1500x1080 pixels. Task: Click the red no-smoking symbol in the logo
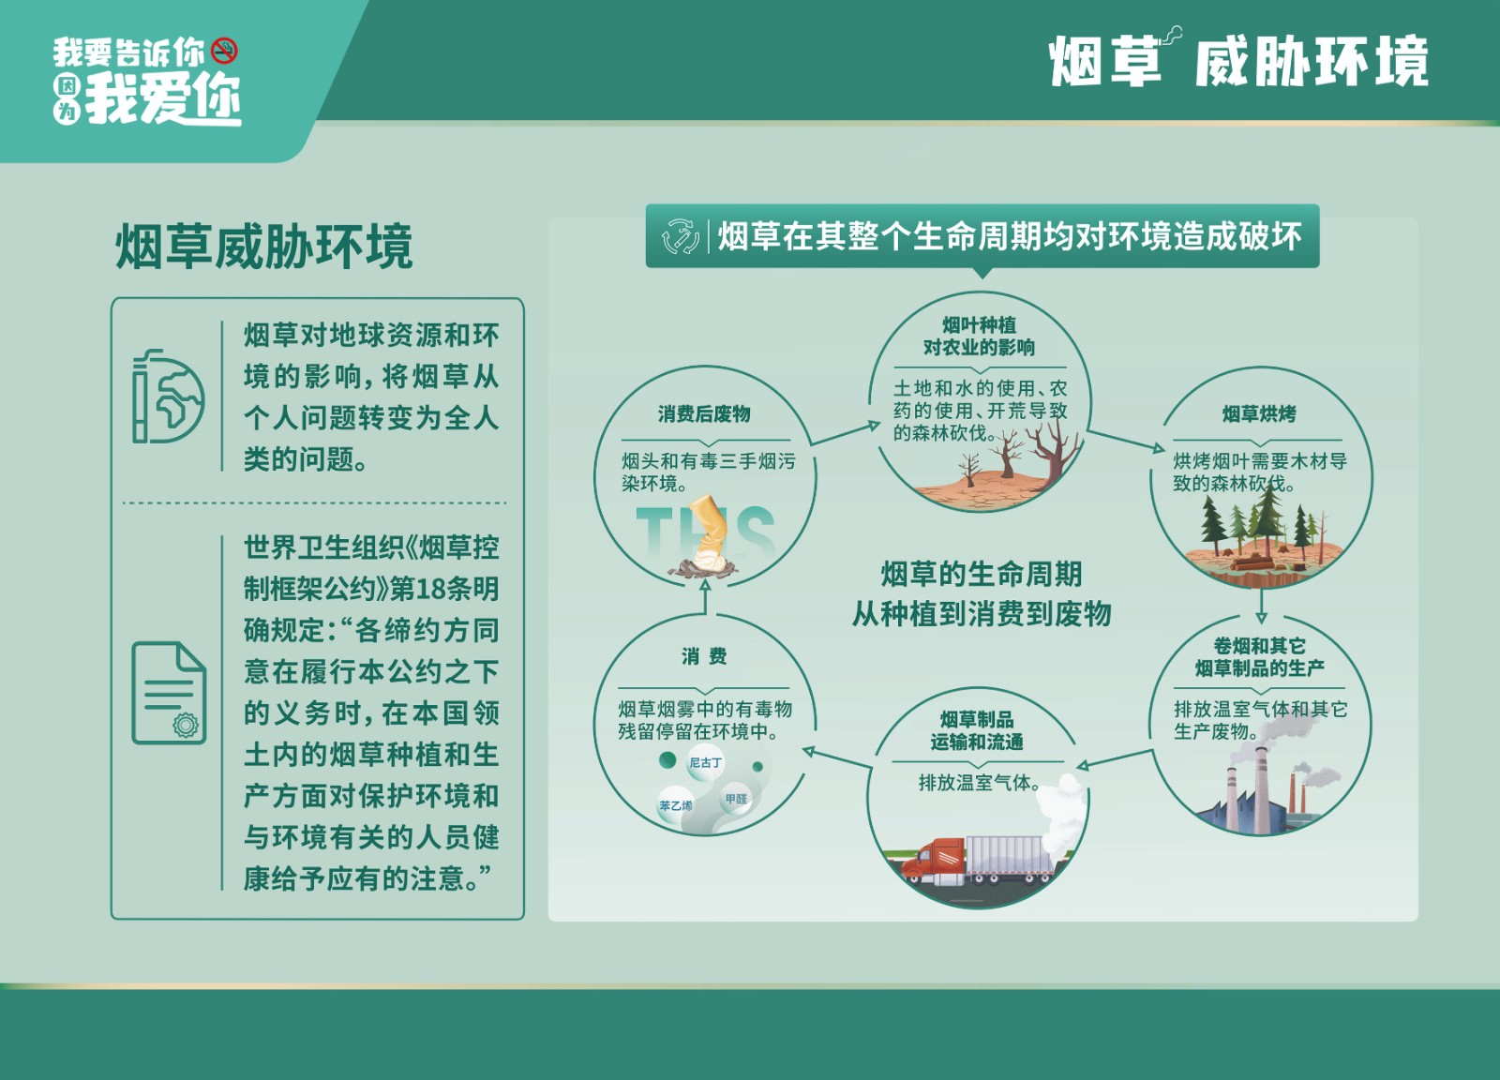(x=224, y=51)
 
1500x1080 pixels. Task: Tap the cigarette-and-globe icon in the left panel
(x=168, y=397)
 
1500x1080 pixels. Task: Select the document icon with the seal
(x=169, y=693)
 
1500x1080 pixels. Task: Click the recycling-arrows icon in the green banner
(x=681, y=236)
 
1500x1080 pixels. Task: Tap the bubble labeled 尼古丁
(x=705, y=762)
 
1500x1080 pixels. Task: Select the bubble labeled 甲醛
(x=736, y=799)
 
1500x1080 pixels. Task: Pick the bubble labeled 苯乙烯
(x=676, y=805)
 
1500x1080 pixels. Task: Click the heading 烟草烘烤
(x=1259, y=413)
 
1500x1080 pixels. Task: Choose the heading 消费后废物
(x=704, y=413)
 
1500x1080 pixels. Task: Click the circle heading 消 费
(x=704, y=656)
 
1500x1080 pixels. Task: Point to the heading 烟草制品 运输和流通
(x=977, y=730)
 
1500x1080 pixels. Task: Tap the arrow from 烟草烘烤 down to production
(x=1261, y=606)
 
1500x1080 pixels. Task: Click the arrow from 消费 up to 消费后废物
(x=704, y=596)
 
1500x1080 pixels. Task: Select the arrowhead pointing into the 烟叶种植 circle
(x=874, y=426)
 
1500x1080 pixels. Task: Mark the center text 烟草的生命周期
(x=981, y=574)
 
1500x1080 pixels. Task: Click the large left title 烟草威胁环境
(x=264, y=247)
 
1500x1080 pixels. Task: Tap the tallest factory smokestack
(x=1261, y=790)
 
